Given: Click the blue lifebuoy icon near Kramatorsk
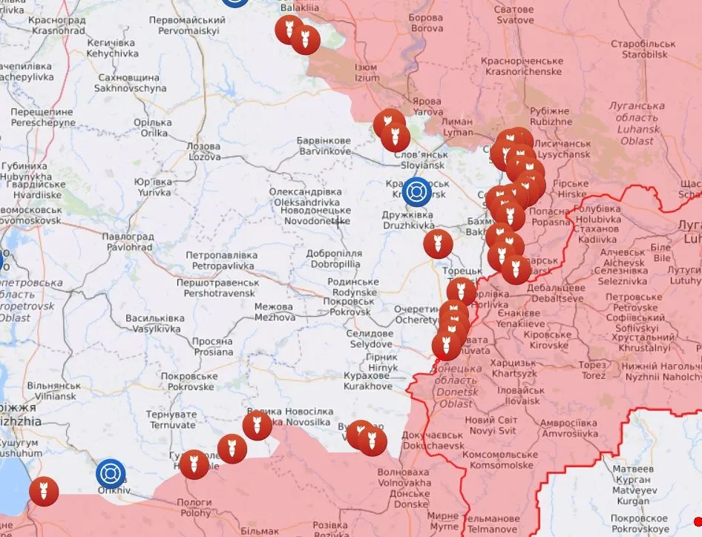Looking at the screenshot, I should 417,192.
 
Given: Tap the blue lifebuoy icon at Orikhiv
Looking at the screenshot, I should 111,474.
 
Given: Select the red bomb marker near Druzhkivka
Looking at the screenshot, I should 438,244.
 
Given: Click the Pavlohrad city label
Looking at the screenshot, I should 129,241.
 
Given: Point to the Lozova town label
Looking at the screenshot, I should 204,151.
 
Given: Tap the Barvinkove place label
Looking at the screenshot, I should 324,145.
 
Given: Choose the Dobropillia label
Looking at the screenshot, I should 334,258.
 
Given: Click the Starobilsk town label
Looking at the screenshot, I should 643,49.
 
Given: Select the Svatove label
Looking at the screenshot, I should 515,16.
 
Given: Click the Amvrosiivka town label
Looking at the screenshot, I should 568,427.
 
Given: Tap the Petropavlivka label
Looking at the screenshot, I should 220,260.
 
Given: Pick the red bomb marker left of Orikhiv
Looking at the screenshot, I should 44,490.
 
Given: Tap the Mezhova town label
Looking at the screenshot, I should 275,312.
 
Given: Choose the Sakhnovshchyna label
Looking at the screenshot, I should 130,82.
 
